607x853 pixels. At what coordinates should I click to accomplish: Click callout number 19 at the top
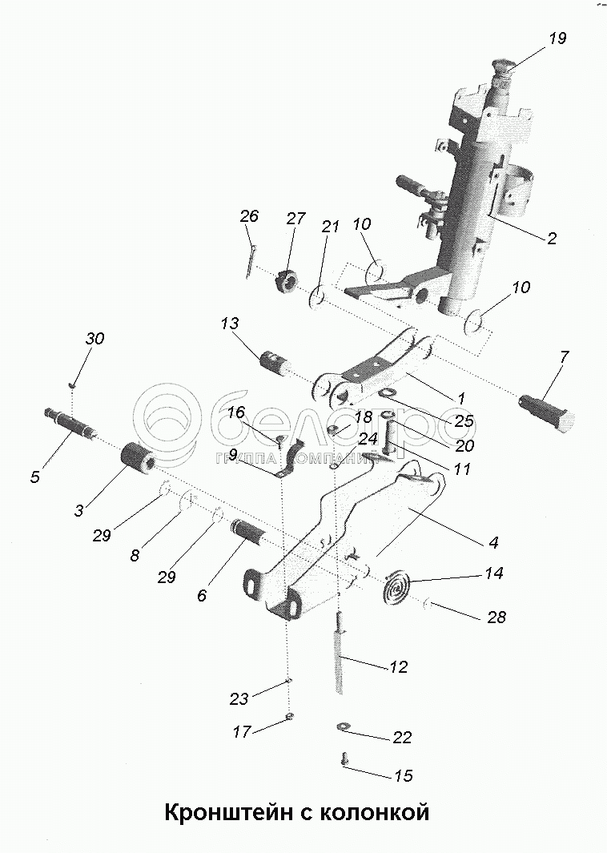556,38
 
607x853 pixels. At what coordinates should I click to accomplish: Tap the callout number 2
550,238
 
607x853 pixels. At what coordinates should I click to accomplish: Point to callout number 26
249,216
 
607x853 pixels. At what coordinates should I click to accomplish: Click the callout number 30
94,339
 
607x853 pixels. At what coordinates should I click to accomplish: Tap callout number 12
397,666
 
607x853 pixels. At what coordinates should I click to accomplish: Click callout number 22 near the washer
403,737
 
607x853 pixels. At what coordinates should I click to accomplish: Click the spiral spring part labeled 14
396,585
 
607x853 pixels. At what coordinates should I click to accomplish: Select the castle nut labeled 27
287,281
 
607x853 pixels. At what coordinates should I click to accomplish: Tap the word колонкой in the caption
375,813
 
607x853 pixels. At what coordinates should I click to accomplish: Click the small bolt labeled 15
346,757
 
